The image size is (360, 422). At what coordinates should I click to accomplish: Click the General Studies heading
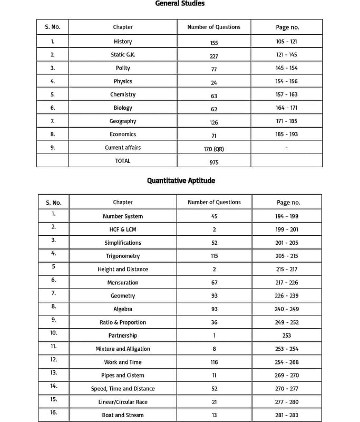tap(180, 4)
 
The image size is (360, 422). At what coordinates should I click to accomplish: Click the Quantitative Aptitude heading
tap(181, 180)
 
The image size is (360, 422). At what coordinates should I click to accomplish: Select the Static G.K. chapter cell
tap(123, 55)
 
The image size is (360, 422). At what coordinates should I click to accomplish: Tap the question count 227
tap(213, 56)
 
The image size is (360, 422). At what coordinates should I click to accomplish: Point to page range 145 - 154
tap(286, 68)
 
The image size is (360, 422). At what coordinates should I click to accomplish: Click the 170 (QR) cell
tap(213, 149)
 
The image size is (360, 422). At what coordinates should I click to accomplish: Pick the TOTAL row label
tap(123, 161)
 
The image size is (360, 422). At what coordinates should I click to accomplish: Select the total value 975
tap(213, 162)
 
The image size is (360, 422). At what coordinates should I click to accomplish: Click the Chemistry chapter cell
tap(123, 94)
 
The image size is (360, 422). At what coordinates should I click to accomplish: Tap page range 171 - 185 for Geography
tap(286, 121)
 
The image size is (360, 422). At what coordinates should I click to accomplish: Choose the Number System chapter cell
tap(123, 216)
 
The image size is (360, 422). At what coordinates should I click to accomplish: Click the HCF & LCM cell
tap(123, 229)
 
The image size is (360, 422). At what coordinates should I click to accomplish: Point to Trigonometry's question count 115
tap(214, 256)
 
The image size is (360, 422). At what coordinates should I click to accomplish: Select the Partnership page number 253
tap(286, 335)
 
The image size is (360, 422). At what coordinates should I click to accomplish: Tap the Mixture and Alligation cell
tap(123, 349)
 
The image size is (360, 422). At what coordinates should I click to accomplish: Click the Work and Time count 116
tap(214, 362)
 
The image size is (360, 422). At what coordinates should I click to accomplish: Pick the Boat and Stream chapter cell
tap(123, 415)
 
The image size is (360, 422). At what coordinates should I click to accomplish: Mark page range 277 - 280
tap(286, 402)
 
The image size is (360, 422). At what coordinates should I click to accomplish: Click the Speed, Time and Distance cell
tap(123, 389)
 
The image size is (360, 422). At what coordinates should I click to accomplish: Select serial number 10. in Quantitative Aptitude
tap(54, 333)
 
